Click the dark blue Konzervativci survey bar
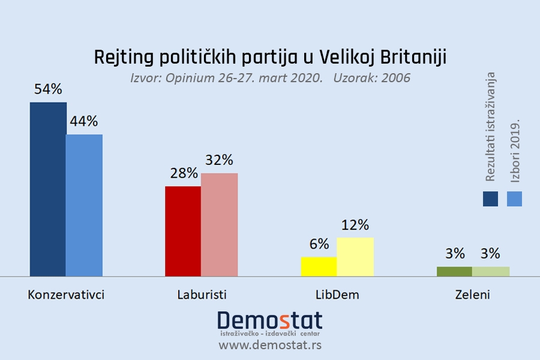point(48,189)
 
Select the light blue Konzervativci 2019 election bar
point(84,205)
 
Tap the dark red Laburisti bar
point(183,231)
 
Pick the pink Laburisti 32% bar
point(220,224)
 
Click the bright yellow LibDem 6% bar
point(319,266)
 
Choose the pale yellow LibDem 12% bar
point(355,257)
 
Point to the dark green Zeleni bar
point(454,271)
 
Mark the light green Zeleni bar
point(491,271)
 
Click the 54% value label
point(48,89)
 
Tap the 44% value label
point(84,121)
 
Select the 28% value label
point(183,173)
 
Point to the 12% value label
point(355,225)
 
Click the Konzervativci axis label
point(66,295)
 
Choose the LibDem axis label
point(337,295)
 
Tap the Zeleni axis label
point(472,295)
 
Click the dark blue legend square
point(490,199)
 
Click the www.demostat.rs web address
point(269,345)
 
